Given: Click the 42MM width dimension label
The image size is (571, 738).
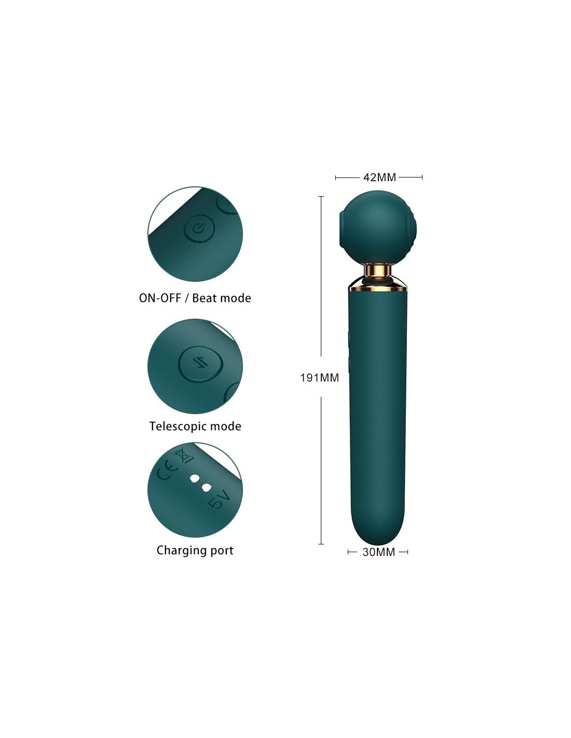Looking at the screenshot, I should (379, 177).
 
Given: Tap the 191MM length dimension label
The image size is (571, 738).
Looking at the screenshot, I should (319, 378).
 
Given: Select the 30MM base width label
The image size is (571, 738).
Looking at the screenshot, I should (378, 552).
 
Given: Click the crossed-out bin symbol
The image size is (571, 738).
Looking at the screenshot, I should (184, 456).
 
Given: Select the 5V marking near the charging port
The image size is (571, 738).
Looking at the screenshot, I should (218, 501).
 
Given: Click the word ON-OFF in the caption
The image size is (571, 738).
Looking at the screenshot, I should (160, 298).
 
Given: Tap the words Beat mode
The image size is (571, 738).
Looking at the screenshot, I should (222, 298).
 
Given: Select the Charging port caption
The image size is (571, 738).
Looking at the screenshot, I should (195, 551).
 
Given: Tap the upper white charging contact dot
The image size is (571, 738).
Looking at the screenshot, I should (195, 478).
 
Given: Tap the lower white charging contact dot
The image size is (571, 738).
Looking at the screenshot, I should (207, 488).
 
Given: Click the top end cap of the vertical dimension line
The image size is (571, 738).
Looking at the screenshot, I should (321, 197).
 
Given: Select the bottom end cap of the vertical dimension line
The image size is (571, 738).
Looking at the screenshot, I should (321, 544).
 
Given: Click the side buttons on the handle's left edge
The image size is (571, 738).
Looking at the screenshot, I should (349, 350).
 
